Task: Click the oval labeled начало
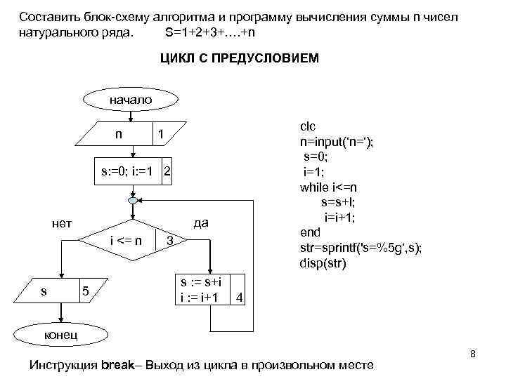pyautogui.click(x=130, y=100)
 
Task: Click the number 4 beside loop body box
pyautogui.click(x=240, y=298)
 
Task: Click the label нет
pyautogui.click(x=62, y=224)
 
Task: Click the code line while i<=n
pyautogui.click(x=328, y=187)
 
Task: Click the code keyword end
pyautogui.click(x=310, y=232)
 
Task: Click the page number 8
pyautogui.click(x=473, y=354)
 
